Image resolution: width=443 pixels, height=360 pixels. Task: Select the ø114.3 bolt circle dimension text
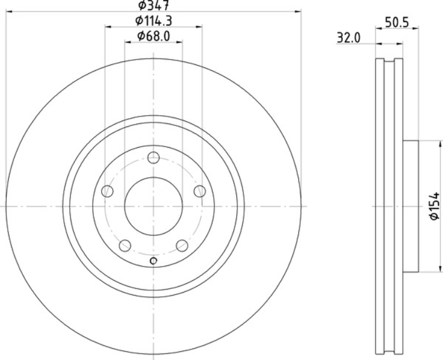pos(154,21)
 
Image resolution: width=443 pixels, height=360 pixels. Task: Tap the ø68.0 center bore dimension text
pos(154,37)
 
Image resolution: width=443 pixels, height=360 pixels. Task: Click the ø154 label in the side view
pos(434,206)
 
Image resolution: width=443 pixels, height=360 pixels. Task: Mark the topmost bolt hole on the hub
pos(154,157)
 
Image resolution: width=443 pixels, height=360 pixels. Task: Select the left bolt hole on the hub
pos(107,191)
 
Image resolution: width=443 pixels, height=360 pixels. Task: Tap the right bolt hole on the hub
pos(200,191)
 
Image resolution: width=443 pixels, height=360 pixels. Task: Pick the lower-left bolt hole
pos(125,245)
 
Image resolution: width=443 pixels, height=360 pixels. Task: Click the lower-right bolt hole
pos(183,245)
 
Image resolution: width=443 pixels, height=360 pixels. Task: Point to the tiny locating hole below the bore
pos(154,262)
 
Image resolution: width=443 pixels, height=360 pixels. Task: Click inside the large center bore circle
pos(154,206)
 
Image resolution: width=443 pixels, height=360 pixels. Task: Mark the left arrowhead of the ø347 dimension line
pos(8,11)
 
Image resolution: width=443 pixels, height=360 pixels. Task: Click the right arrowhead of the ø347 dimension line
pos(298,11)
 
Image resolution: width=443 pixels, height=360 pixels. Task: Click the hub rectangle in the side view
pos(411,206)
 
